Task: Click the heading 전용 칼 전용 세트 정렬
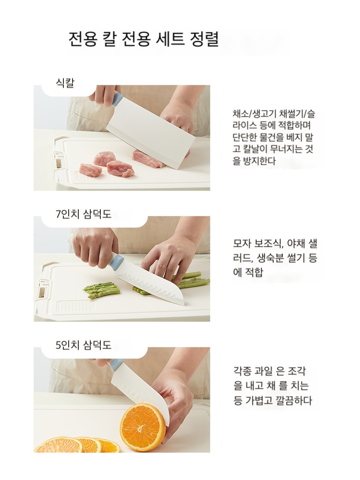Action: [x=143, y=39]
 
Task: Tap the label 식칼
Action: [x=65, y=83]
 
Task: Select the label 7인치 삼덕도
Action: [x=84, y=214]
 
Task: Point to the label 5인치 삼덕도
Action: [x=84, y=345]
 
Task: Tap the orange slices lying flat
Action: [x=78, y=445]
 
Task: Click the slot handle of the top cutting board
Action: [x=59, y=160]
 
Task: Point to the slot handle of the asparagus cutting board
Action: [x=43, y=289]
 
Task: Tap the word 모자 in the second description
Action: [x=242, y=243]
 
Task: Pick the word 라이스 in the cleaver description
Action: [x=245, y=125]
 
